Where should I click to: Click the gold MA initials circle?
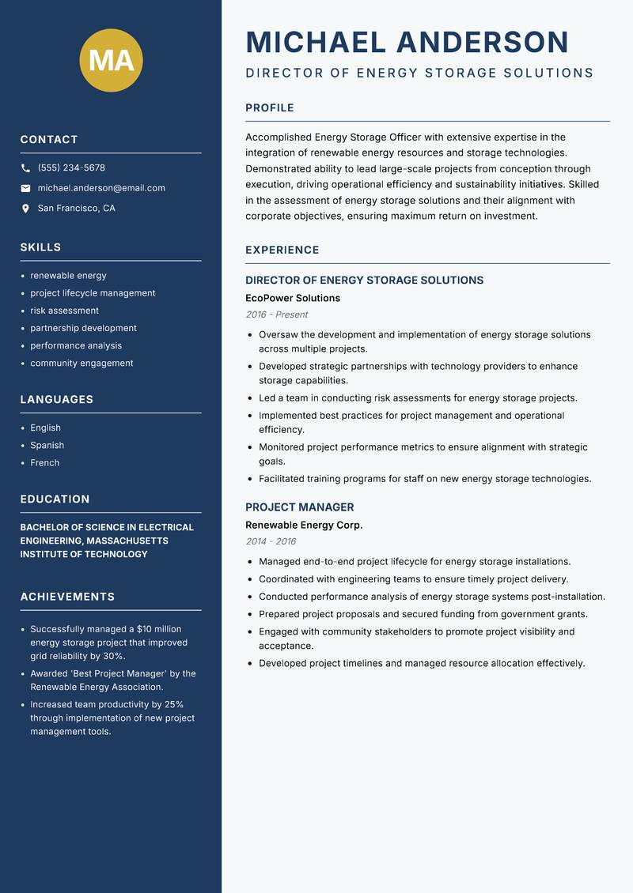click(111, 60)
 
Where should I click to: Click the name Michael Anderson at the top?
click(407, 42)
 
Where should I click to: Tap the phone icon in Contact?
click(25, 168)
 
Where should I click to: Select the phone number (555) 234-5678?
click(71, 168)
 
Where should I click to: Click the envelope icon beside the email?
click(25, 188)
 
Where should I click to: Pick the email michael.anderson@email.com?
click(101, 188)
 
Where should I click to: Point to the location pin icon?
click(25, 209)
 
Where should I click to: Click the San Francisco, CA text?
click(76, 209)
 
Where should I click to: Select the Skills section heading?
click(40, 247)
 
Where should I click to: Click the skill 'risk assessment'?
click(64, 311)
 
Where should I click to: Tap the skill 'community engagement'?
click(81, 364)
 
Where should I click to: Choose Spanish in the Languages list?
click(47, 446)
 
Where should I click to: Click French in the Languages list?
click(44, 463)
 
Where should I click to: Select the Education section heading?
click(55, 499)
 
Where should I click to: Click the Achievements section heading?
click(67, 597)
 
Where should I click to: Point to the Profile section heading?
click(269, 108)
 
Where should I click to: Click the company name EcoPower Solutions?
click(293, 298)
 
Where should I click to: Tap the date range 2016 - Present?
click(276, 315)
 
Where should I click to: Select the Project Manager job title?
click(299, 507)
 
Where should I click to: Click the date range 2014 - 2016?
click(271, 541)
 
